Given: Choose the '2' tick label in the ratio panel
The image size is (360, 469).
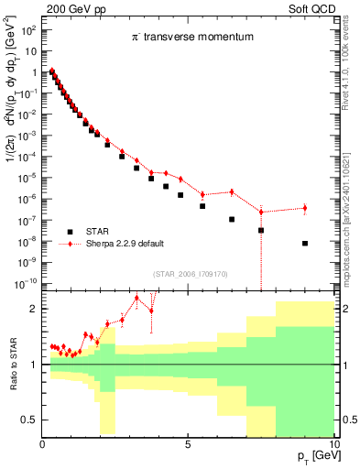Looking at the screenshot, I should [x=33, y=309].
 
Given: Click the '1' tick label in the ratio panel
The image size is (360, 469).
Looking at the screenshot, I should [x=33, y=365].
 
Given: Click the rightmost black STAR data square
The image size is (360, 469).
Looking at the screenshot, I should [x=304, y=244].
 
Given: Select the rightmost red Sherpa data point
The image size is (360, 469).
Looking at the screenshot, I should [x=304, y=208].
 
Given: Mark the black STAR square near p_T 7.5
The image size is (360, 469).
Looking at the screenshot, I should [x=261, y=230].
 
